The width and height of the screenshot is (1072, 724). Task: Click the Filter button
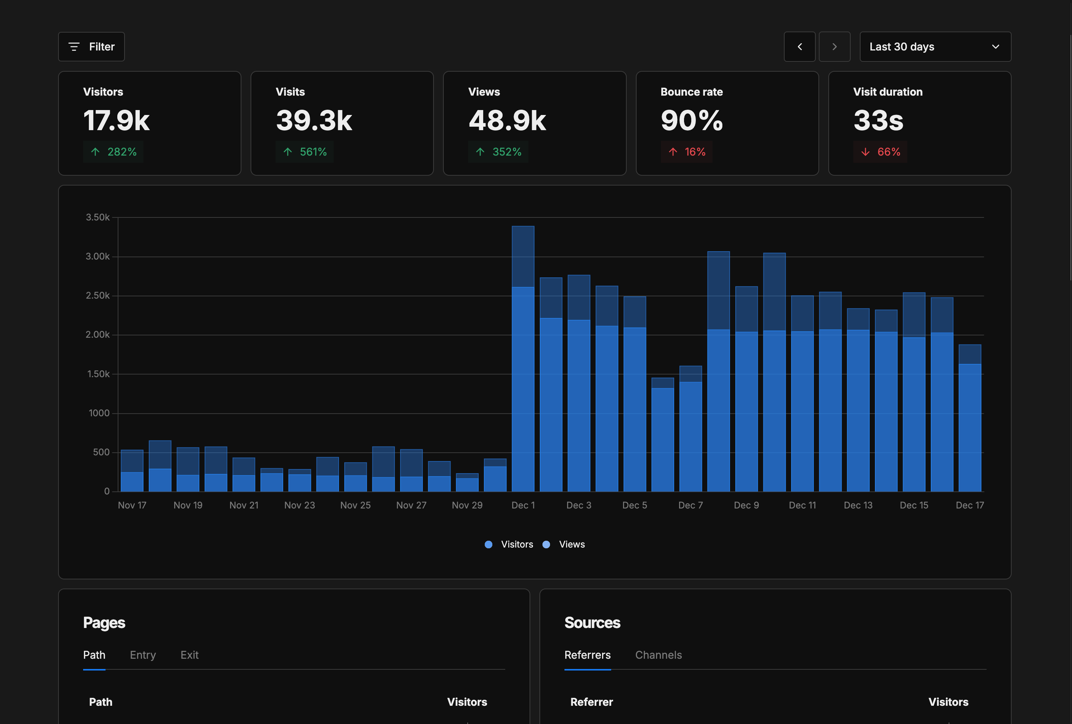tap(91, 47)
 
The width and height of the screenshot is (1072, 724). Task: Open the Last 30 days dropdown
tap(935, 47)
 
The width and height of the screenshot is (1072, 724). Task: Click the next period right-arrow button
tap(834, 47)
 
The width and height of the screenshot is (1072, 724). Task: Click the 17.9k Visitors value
tap(116, 120)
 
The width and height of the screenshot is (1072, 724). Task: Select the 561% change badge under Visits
tap(305, 152)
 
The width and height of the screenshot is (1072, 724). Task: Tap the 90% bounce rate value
tap(692, 120)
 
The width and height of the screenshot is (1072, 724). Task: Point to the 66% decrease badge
tap(880, 152)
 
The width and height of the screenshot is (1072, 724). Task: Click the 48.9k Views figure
tap(507, 120)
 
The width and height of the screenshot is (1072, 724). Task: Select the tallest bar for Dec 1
tap(523, 360)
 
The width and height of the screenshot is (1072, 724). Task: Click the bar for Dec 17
tap(970, 420)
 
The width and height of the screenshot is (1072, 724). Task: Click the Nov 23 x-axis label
tap(300, 505)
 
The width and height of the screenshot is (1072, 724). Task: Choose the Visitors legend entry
tap(509, 544)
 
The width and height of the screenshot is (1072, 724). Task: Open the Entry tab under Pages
tap(142, 655)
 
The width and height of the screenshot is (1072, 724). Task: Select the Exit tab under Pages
tap(189, 655)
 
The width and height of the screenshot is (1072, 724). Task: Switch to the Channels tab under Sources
tap(658, 655)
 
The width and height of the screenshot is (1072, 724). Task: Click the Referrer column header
tap(591, 702)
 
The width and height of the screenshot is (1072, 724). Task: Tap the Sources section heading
tap(592, 623)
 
